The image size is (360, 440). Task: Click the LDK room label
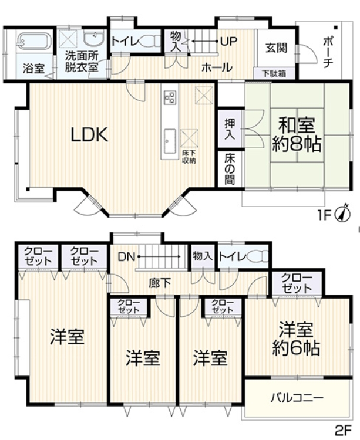(89, 134)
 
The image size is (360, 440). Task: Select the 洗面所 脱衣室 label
(82, 62)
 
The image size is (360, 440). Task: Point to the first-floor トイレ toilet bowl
(151, 42)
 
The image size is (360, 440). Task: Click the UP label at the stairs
(228, 41)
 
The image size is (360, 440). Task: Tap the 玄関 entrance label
(277, 48)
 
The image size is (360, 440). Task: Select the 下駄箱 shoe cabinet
(274, 73)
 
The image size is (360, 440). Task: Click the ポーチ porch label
(328, 52)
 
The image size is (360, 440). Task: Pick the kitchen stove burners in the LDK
(169, 97)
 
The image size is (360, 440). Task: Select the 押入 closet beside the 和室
(230, 129)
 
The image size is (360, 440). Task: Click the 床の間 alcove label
(230, 170)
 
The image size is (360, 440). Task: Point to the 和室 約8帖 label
(296, 134)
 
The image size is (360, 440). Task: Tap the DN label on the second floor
(127, 256)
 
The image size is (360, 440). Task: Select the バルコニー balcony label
(297, 397)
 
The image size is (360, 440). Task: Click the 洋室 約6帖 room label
(296, 339)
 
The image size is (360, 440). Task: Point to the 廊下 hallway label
(160, 283)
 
